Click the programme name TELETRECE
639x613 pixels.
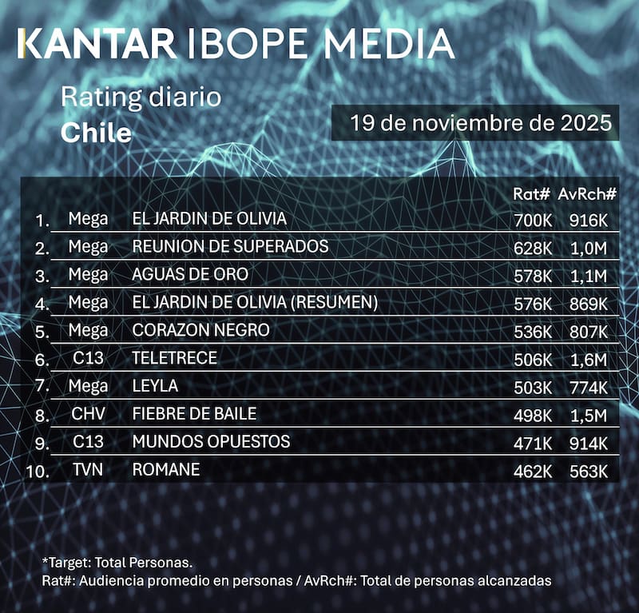(174, 358)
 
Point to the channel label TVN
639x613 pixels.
(88, 470)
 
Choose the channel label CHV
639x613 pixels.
(88, 414)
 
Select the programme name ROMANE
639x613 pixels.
(166, 470)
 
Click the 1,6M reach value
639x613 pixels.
(589, 359)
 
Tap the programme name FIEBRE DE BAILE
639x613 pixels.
(194, 414)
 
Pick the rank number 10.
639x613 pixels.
(38, 471)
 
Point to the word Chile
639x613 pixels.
(96, 132)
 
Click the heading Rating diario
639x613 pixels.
(141, 99)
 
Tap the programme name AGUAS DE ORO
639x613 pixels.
(190, 274)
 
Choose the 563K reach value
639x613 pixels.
(589, 471)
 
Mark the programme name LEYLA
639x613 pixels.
(156, 386)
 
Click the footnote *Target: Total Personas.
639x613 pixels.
(117, 563)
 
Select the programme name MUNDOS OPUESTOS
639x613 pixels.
(211, 442)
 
